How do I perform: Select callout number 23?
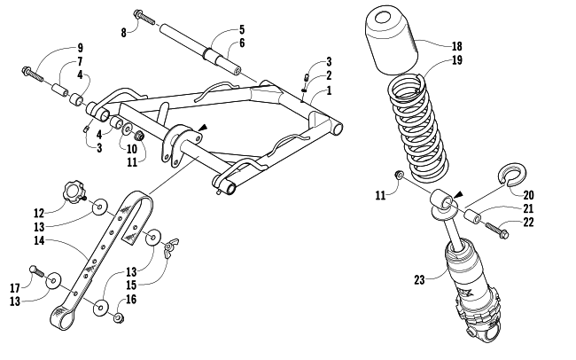click(x=419, y=280)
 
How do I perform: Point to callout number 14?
click(x=40, y=241)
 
